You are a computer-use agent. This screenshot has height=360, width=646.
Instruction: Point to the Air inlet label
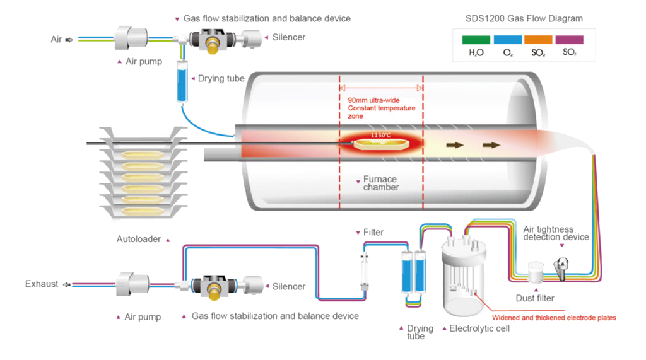(57, 39)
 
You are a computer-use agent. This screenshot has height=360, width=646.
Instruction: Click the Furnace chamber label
(381, 183)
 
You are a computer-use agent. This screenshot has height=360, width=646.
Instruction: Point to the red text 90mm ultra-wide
(373, 100)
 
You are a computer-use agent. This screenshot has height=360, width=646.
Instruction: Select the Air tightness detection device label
(556, 233)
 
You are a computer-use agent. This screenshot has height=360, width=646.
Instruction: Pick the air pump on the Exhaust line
(132, 285)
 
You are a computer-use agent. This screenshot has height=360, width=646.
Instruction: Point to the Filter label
(373, 232)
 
